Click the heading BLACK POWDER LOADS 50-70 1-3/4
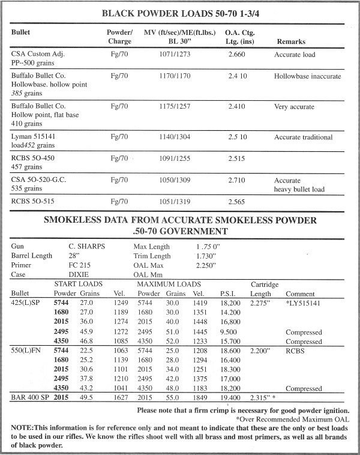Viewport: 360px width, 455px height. [x=179, y=12]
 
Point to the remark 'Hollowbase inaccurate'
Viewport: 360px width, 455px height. [x=307, y=77]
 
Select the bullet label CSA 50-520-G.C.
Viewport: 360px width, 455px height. [x=41, y=179]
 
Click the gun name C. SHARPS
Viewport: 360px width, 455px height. [x=84, y=247]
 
